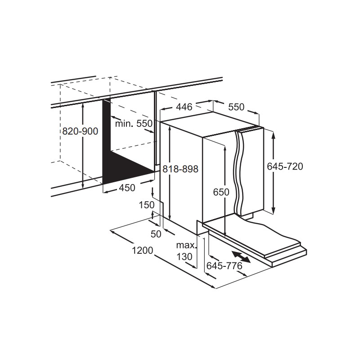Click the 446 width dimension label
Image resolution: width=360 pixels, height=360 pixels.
[184, 107]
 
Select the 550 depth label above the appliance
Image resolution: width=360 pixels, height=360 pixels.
[237, 107]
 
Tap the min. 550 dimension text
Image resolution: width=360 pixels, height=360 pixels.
[134, 124]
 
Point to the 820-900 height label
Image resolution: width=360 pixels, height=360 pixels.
[81, 131]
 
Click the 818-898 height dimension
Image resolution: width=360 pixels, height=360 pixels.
[180, 169]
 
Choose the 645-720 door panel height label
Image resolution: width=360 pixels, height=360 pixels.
[285, 166]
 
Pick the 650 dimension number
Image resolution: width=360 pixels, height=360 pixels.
[221, 192]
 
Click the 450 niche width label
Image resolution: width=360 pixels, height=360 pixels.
[127, 188]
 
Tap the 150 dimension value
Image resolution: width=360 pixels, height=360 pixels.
[147, 205]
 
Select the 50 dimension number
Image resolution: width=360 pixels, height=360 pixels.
[156, 234]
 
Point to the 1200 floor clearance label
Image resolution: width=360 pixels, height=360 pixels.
[142, 251]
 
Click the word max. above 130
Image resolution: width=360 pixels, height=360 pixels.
[186, 245]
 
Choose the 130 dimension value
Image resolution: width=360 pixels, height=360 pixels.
[184, 256]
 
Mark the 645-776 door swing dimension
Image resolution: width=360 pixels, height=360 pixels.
[225, 266]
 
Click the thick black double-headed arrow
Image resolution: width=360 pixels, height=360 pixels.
[241, 257]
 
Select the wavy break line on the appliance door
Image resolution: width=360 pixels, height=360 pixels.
[239, 172]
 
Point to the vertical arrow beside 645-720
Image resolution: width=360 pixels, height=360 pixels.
[273, 172]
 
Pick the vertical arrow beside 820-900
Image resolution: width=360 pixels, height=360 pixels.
[83, 146]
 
